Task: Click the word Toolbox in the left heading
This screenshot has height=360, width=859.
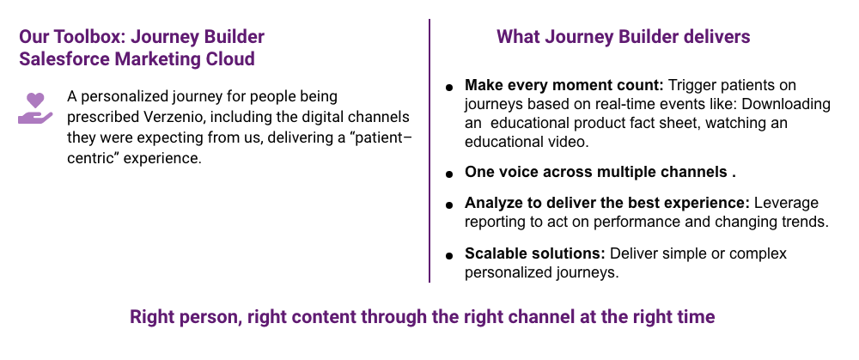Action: tap(89, 37)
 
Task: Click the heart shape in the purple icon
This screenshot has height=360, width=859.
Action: tap(35, 101)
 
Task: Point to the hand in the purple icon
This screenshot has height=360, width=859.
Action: tap(35, 116)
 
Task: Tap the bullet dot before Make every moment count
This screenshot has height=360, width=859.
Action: tap(449, 87)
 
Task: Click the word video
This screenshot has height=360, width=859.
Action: tap(570, 142)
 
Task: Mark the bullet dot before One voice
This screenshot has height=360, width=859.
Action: tap(449, 174)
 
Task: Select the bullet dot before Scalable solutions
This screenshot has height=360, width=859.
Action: tap(449, 255)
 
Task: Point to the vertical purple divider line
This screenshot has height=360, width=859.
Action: tap(429, 150)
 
